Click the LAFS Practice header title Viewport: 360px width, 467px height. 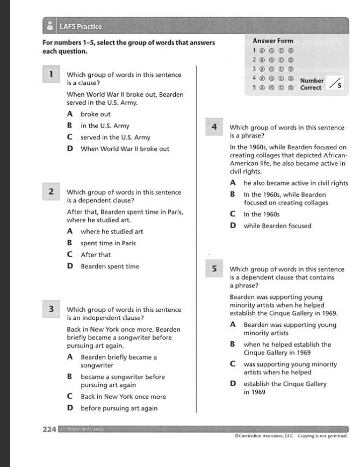[x=81, y=26]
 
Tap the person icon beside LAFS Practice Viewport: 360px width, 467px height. [x=50, y=26]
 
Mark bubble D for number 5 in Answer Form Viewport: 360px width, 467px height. [x=291, y=87]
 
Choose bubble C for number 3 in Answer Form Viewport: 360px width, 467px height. [x=282, y=69]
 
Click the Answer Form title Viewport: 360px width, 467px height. [x=273, y=40]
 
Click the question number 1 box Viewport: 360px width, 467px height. [x=51, y=75]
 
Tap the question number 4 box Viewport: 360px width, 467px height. [x=214, y=127]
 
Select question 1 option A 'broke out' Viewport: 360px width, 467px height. [x=95, y=114]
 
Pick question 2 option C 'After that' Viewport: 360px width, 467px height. [x=95, y=255]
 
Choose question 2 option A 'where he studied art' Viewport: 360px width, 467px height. [x=111, y=232]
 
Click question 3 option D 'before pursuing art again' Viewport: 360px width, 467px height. [x=119, y=408]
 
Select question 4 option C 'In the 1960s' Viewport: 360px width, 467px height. [x=261, y=214]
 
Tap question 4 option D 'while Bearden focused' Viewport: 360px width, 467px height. [x=277, y=226]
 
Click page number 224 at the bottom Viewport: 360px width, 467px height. [x=49, y=429]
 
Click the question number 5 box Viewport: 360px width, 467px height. [x=214, y=269]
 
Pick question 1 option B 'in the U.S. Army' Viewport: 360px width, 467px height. [x=105, y=126]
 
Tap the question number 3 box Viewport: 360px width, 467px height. [x=51, y=309]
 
